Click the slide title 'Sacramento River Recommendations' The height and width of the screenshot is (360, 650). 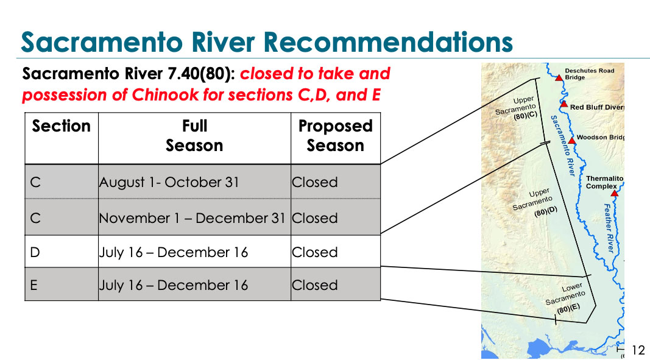click(267, 42)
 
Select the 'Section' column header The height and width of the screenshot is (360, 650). click(62, 126)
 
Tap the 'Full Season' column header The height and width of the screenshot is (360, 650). click(194, 136)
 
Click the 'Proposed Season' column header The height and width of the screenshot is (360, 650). click(336, 136)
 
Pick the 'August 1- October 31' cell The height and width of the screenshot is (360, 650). click(169, 182)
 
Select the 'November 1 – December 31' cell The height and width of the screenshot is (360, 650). click(192, 218)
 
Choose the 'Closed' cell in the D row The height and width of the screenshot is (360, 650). click(314, 252)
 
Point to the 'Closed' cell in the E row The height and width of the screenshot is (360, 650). click(314, 285)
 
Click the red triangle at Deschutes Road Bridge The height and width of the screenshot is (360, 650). click(559, 78)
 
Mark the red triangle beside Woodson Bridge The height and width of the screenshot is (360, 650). click(572, 141)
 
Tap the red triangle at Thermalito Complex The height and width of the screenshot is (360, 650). click(614, 193)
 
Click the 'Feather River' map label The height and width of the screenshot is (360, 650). click(609, 228)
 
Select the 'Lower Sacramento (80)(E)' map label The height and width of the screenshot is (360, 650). click(565, 298)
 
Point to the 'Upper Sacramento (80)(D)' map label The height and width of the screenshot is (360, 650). click(535, 203)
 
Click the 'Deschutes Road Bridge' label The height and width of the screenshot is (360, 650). click(590, 74)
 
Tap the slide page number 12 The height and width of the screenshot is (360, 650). click(638, 349)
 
